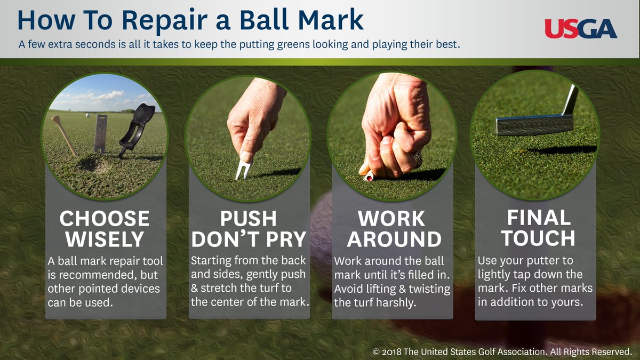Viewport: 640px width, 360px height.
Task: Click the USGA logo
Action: [x=581, y=29]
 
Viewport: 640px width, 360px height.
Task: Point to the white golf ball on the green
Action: [x=87, y=115]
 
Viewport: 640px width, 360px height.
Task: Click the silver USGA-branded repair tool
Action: [x=101, y=134]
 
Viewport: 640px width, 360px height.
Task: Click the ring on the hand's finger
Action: [x=417, y=159]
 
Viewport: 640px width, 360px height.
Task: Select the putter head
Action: [x=535, y=125]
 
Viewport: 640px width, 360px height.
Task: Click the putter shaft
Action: [x=570, y=100]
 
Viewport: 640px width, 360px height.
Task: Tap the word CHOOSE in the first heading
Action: [x=105, y=219]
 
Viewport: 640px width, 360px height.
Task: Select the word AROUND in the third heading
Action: [x=394, y=239]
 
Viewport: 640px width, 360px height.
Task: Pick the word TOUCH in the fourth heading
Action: [x=538, y=238]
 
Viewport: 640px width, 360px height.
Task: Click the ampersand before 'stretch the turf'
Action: [x=194, y=288]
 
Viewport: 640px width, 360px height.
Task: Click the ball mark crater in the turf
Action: [x=93, y=164]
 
